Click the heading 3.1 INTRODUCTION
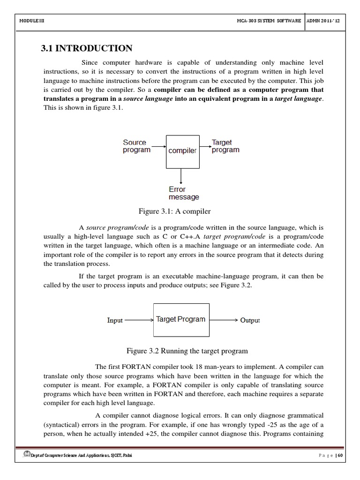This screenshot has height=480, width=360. pos(87,48)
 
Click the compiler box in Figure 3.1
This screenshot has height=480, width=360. pos(182,151)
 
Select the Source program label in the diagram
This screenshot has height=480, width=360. pos(136,146)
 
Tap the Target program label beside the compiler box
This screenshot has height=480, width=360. pos(225,146)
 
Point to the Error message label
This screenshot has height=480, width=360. pos(184,193)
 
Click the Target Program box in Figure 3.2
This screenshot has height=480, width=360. pos(181,320)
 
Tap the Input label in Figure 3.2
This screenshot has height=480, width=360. pos(115,321)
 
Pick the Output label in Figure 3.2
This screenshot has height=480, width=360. pos(250,321)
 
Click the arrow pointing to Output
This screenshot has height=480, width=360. pos(224,320)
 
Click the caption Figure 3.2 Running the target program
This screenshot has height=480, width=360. pos(187,351)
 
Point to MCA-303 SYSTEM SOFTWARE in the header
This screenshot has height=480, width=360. pos(269,21)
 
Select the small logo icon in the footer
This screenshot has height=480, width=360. pos(26,455)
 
